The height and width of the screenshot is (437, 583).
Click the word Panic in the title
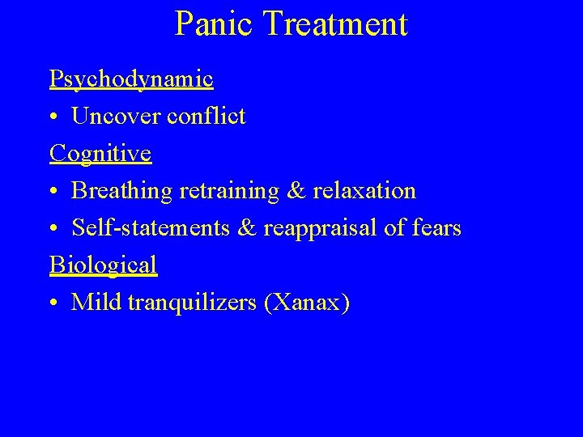[215, 24]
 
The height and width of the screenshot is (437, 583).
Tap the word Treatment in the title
[334, 24]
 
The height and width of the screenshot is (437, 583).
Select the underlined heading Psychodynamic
[131, 78]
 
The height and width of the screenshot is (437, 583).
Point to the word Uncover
[117, 116]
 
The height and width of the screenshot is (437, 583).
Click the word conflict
[206, 116]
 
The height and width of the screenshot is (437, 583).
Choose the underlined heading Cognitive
[100, 153]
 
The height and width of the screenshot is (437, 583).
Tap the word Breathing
[121, 191]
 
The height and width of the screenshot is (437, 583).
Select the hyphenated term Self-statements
[149, 228]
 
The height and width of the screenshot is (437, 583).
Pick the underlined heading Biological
[103, 265]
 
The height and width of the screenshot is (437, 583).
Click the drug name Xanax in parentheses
[310, 303]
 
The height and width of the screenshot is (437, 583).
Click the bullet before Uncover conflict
[53, 117]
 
